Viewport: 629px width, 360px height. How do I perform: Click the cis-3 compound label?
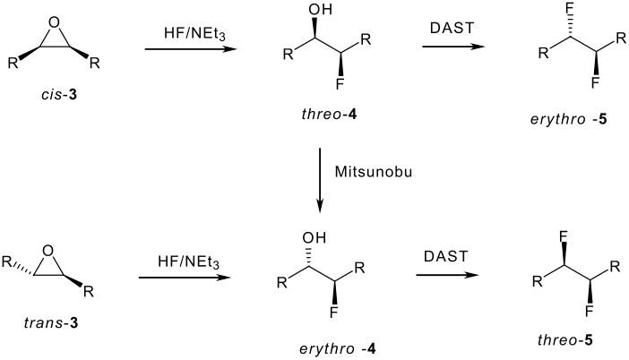coord(59,95)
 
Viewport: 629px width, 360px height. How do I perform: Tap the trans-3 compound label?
coord(51,322)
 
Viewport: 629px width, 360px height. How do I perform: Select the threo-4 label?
coord(329,115)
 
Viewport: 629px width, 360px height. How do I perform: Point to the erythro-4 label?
coord(338,348)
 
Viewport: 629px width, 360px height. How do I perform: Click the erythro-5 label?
coord(568,119)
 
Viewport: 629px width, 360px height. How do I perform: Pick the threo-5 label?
coord(564,340)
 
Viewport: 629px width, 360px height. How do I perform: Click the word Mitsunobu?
coord(374,172)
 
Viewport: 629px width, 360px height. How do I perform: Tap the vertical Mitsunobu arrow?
coord(320,180)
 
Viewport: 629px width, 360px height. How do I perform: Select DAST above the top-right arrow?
coord(452,28)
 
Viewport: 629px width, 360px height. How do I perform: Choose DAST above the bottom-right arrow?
coord(445,256)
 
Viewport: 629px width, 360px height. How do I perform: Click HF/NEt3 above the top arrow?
coord(194,33)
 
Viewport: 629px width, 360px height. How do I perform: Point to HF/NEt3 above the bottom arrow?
coord(188,262)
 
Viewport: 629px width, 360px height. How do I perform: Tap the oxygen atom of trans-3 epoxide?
coord(47,252)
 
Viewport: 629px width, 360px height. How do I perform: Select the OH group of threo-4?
coord(321,9)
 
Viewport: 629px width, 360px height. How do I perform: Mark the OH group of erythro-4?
coord(314,237)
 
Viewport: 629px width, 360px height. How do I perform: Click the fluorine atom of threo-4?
coord(340,84)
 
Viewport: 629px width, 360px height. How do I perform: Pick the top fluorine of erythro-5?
coord(570,9)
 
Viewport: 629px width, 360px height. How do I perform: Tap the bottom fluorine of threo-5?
coord(589,311)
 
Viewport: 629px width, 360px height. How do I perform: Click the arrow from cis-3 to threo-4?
coord(191,49)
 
